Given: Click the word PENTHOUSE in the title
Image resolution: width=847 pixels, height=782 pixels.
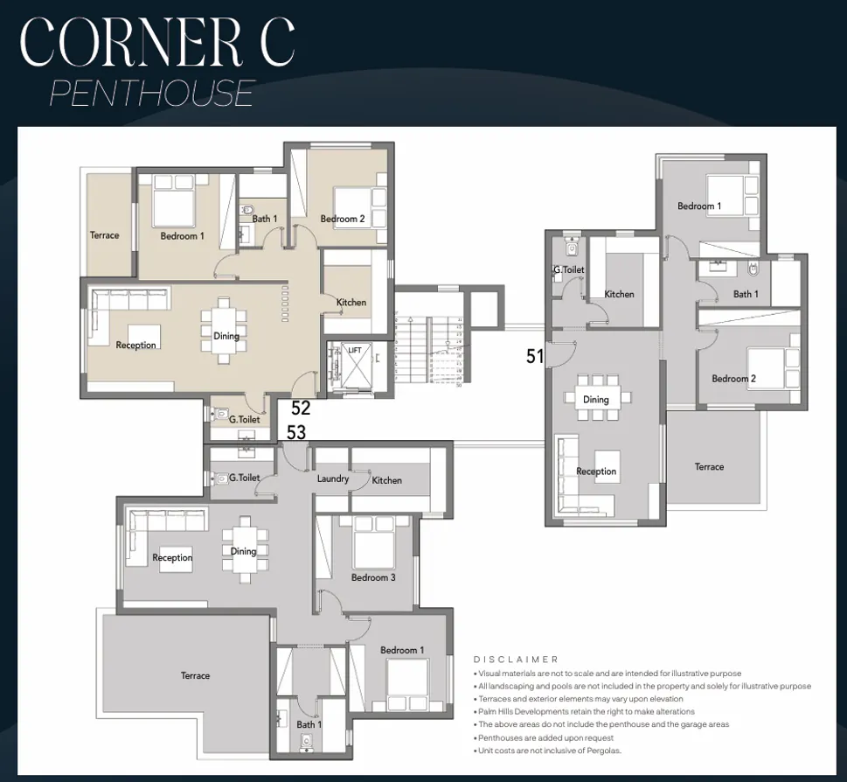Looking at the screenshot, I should point(152,93).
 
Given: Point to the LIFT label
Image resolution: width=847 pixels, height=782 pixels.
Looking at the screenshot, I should point(354,350).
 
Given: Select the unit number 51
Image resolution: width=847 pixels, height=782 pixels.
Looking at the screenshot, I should point(535,356).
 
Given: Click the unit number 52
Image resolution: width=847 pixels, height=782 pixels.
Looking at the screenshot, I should point(301,408).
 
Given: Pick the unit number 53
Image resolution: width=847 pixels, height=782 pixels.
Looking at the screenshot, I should point(296,431).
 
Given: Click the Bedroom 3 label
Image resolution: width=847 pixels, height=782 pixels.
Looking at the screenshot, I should point(373,577).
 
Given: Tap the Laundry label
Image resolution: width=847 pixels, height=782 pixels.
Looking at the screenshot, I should point(333,478).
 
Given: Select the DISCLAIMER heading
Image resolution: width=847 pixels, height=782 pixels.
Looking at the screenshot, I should point(516,660).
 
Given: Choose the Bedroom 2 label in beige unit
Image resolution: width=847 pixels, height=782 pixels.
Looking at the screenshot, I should point(342,219).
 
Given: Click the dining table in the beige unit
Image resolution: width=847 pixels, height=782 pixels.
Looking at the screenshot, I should point(226,329).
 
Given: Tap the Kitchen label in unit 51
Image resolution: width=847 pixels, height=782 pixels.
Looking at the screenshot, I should point(619,294).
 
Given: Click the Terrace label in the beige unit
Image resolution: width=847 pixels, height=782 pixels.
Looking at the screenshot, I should point(104,235).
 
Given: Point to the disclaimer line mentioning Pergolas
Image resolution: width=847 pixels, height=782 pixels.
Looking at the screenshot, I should point(547,751).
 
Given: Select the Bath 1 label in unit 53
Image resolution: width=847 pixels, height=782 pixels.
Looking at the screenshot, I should point(309,724).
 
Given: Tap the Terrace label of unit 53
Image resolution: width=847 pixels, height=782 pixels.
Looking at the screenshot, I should point(195,675).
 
